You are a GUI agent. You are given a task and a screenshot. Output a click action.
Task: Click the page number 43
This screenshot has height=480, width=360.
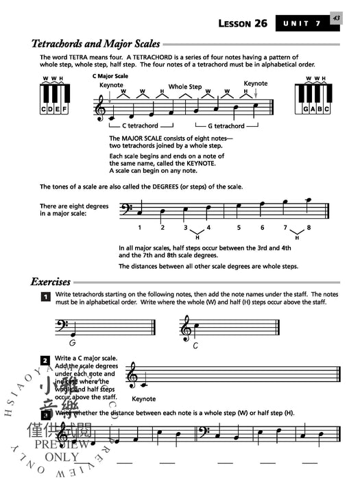pos(336,19)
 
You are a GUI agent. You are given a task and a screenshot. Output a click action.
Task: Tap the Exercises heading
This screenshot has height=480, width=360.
pos(50,281)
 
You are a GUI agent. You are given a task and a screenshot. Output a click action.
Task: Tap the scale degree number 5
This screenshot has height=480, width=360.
pos(239,227)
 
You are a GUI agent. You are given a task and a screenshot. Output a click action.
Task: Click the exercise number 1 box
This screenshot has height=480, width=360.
pos(45,297)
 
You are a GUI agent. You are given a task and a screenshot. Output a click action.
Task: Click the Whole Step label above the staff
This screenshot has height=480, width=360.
pos(185,87)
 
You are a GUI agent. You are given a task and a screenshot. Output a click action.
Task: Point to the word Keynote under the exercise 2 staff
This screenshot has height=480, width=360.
pos(143,398)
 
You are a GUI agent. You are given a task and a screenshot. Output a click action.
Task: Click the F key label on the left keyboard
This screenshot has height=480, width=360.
pos(64,109)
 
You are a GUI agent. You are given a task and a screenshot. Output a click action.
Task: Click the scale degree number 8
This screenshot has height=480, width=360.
pos(309,227)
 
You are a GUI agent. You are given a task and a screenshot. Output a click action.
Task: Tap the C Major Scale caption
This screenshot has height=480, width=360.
pos(110,75)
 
